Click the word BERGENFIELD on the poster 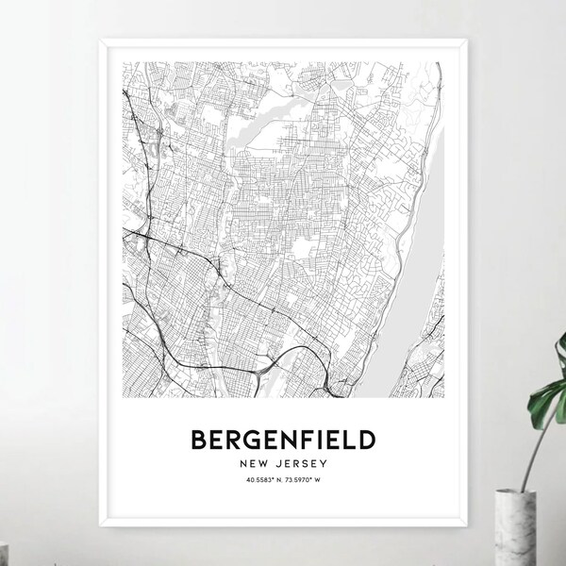[283, 440]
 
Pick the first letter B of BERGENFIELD [200, 440]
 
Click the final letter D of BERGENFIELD [365, 440]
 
